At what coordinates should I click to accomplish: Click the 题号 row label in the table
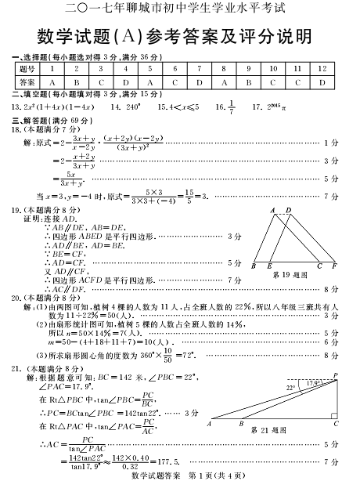[26, 70]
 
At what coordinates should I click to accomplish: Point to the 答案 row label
[26, 81]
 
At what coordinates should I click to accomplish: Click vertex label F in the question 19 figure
[334, 266]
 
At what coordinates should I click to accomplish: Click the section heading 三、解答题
[31, 120]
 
